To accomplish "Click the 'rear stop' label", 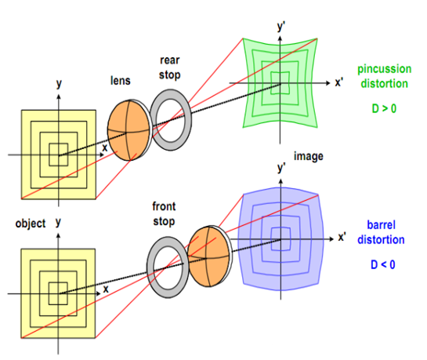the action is point(170,67).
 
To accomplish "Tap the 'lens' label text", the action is point(121,81).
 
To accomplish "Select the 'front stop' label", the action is point(164,214).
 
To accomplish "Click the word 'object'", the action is point(31,224).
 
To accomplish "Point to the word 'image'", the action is point(309,156).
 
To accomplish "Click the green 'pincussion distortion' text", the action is point(384,76).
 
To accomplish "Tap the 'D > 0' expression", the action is point(384,108).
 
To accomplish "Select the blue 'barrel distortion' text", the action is point(381,232).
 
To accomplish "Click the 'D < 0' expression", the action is point(382,264).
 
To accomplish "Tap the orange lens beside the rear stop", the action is point(128,130).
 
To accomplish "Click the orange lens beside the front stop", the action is point(209,256).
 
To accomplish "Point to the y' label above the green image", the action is point(281,27).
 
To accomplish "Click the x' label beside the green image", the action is point(338,82).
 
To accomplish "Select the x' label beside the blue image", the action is point(342,238).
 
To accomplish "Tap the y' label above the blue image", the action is point(282,168).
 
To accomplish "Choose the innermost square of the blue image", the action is point(272,239).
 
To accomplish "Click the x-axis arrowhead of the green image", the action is point(328,83).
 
